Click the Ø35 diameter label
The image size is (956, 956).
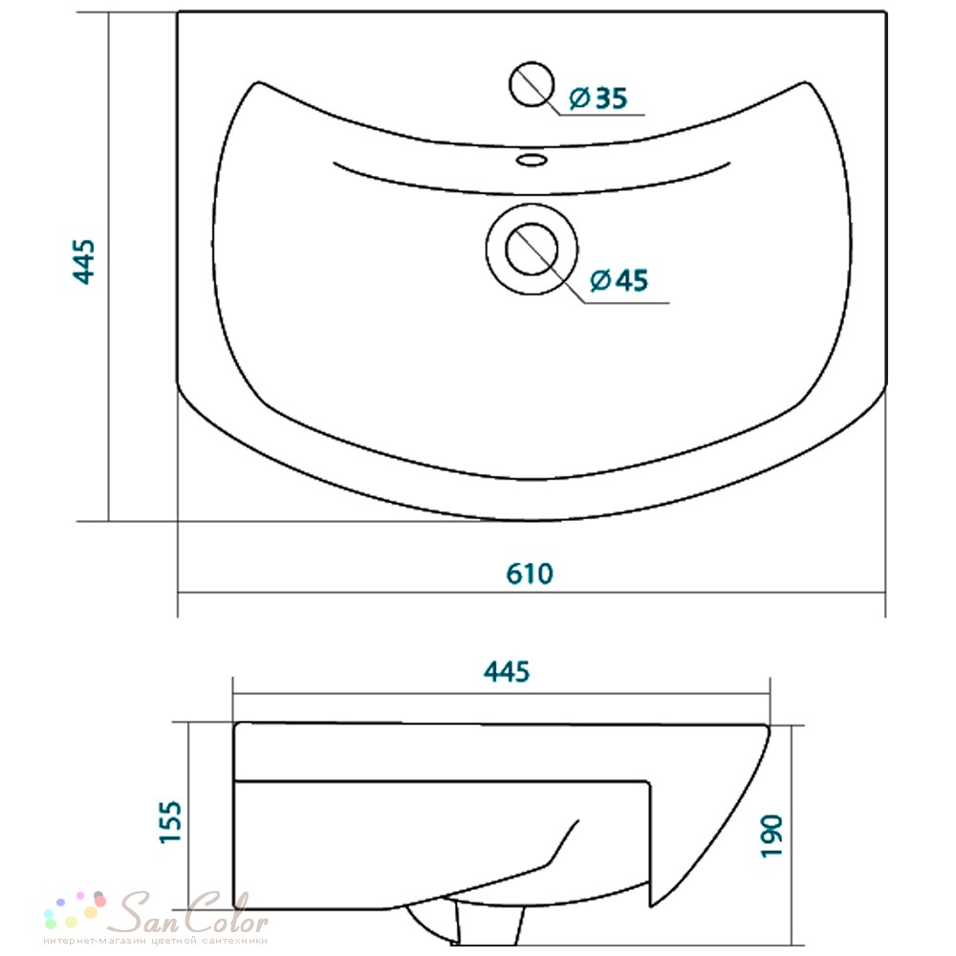(x=598, y=98)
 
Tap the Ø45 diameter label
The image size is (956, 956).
(x=619, y=280)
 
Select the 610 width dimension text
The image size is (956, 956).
(x=530, y=574)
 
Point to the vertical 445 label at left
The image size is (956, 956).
(x=84, y=262)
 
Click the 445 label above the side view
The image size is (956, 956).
(x=507, y=671)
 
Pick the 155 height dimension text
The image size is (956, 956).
(x=170, y=822)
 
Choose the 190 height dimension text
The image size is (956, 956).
(x=771, y=836)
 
